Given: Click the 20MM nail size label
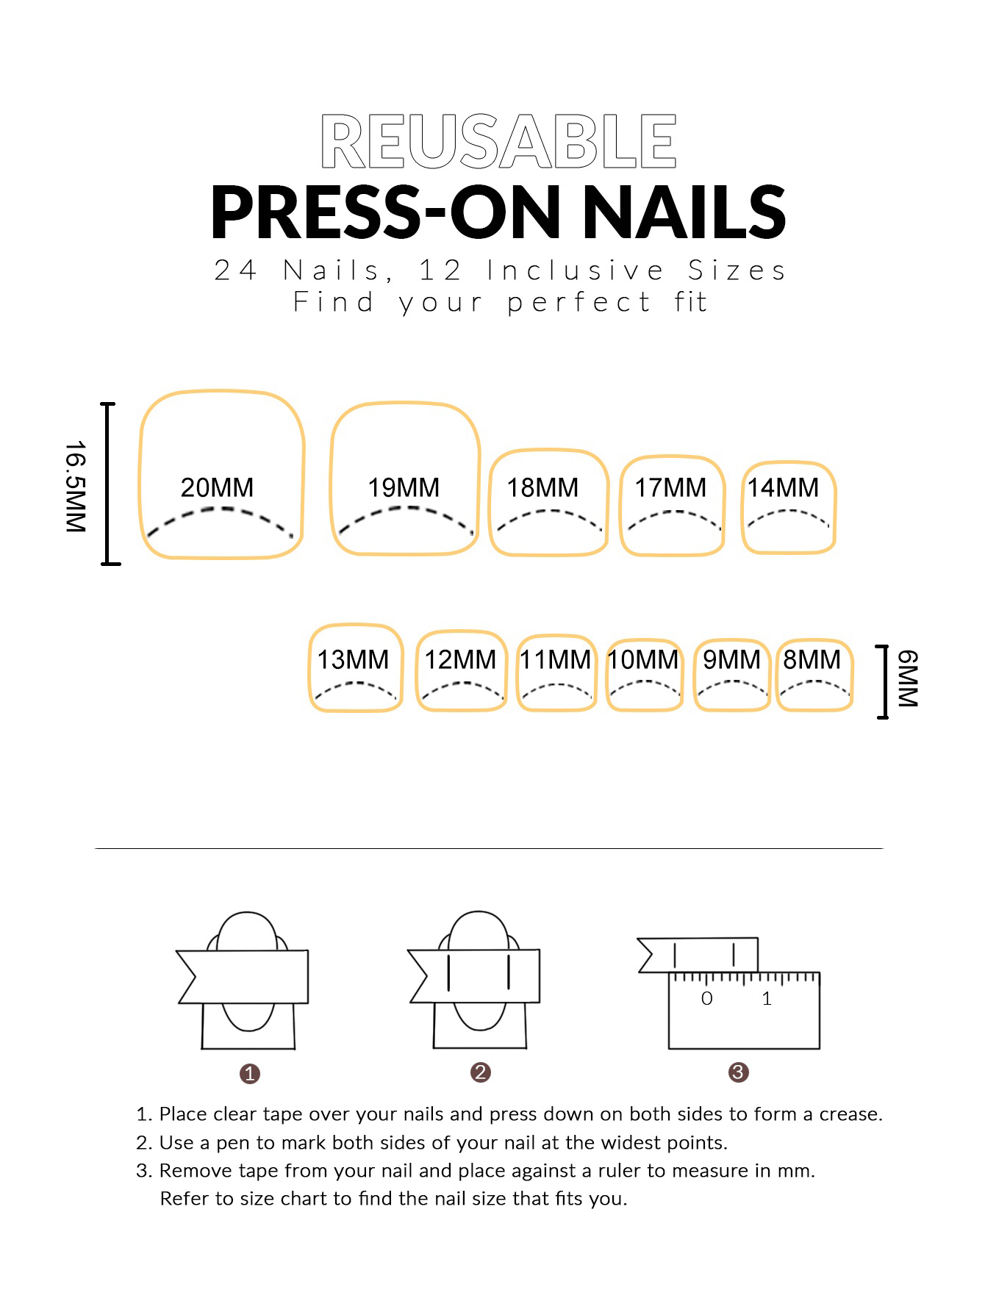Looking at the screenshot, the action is coord(217,487).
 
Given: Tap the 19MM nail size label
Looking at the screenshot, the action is coord(404,487).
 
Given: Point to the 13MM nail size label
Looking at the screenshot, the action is coord(353,659).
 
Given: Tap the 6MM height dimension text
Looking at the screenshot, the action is coord(907,678).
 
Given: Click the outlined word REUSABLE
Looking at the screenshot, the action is coord(498,141).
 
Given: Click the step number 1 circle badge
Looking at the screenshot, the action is coord(250,1074).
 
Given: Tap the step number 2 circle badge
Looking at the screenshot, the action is coord(481,1072).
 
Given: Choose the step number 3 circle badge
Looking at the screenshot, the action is coord(738,1072).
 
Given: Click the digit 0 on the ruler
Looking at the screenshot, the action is coord(706,998).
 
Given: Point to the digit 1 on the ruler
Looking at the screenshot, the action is coord(767,998).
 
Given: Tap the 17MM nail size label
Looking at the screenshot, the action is coord(670,487).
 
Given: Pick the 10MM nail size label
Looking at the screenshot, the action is coord(643,659).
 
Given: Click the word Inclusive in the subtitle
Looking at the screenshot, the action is coord(575,270).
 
